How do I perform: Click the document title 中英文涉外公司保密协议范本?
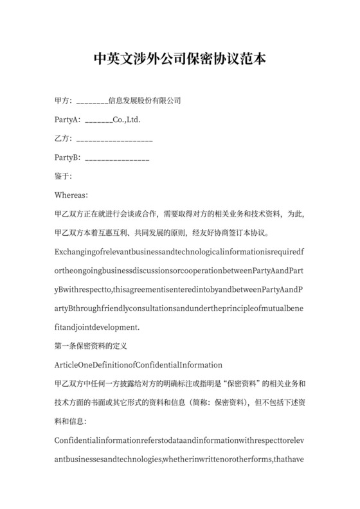click(x=180, y=60)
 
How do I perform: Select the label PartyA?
click(x=68, y=120)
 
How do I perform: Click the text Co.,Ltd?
click(x=127, y=120)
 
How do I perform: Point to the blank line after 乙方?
click(x=114, y=139)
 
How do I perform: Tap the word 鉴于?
click(x=64, y=176)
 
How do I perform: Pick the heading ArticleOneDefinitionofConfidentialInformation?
click(x=139, y=365)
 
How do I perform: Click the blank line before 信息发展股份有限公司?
click(x=92, y=102)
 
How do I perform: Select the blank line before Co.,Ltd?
click(x=98, y=121)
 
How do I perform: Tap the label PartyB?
click(x=68, y=157)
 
